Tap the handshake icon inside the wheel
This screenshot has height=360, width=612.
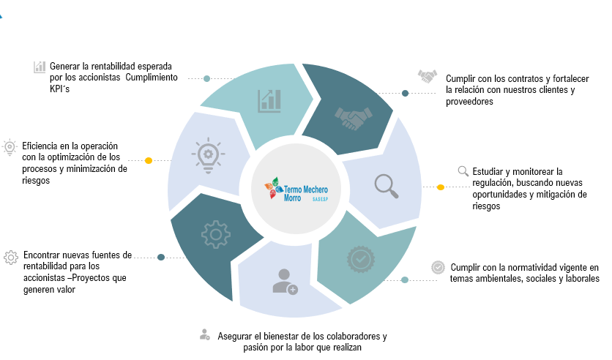(353, 118)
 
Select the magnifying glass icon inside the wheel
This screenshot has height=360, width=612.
(387, 186)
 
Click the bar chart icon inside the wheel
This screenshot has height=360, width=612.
(269, 100)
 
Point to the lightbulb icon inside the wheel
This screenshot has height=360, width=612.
(207, 156)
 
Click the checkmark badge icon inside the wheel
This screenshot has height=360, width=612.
(359, 258)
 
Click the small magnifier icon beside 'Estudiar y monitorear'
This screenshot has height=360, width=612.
(463, 171)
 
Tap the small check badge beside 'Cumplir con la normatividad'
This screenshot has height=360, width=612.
(438, 267)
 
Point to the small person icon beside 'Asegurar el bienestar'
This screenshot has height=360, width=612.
(205, 334)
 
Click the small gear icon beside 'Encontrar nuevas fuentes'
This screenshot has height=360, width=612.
(10, 257)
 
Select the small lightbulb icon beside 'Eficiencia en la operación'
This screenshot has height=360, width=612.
(10, 146)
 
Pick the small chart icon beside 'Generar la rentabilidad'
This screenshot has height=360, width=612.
(40, 67)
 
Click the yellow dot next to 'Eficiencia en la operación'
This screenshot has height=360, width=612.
(149, 160)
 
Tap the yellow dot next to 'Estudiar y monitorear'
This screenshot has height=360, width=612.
(440, 187)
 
